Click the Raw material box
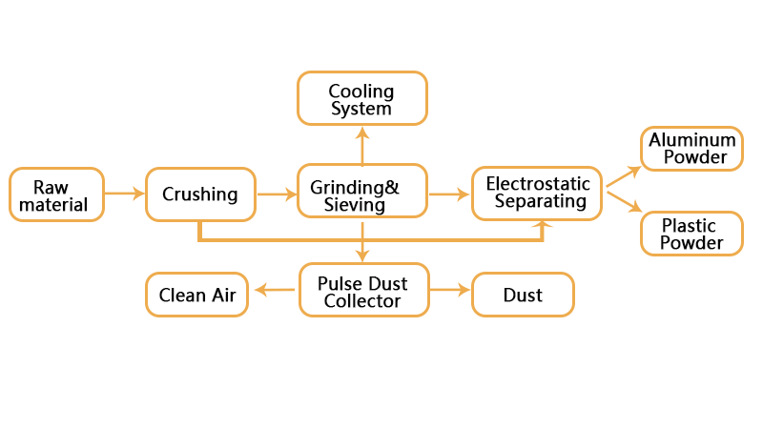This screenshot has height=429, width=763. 55,194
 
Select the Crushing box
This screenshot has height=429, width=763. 200,194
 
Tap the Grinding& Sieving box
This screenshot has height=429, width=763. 361,194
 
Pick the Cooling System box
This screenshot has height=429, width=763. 361,99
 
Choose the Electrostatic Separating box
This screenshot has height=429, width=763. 538,193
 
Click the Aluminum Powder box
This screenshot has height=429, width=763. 691,149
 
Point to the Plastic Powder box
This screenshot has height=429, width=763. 691,234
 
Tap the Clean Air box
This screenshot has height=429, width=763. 197,295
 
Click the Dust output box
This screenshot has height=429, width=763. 523,295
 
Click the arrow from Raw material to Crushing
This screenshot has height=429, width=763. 124,194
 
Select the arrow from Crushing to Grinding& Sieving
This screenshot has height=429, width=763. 277,194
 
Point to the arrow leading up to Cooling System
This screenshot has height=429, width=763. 361,145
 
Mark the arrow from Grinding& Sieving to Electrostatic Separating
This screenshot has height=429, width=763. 449,194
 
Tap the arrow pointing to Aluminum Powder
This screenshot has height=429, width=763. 623,175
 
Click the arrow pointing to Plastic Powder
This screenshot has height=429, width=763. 623,202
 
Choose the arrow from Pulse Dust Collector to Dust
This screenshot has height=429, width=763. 449,291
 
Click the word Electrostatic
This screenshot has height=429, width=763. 538,184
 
